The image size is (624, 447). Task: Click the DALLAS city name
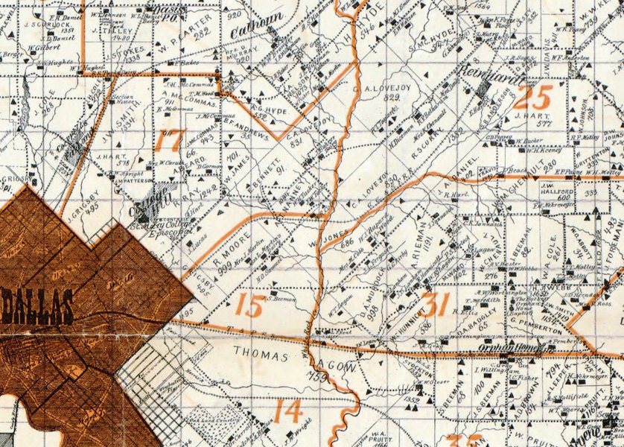click(37, 306)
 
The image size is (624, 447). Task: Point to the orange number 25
click(533, 98)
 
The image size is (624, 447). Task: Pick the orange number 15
click(249, 305)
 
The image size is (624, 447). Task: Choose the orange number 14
click(287, 410)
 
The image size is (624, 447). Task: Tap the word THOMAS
click(261, 355)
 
